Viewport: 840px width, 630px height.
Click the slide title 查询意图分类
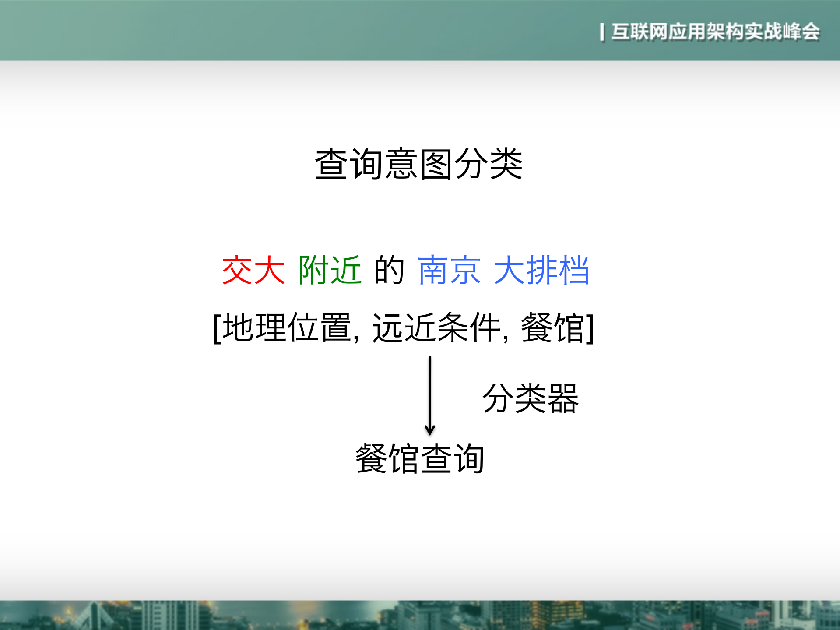419,164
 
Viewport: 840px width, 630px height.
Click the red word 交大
253,270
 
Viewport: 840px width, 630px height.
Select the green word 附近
330,270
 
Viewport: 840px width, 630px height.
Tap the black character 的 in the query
389,270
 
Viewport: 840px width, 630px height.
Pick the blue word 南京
449,270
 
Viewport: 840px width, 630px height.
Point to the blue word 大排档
541,270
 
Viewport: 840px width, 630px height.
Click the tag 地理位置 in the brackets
287,327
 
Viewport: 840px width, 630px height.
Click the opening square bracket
217,328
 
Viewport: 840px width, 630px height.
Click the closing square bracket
590,328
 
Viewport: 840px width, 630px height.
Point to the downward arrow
430,394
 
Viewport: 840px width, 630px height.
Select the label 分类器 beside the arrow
531,398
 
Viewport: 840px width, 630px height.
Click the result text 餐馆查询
420,459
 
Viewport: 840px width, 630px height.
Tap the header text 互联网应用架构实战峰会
715,32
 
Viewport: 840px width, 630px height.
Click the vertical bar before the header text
602,32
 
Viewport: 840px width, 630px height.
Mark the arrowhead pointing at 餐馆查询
430,429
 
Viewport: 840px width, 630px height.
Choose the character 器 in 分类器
563,398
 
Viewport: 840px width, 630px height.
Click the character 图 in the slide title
436,164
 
